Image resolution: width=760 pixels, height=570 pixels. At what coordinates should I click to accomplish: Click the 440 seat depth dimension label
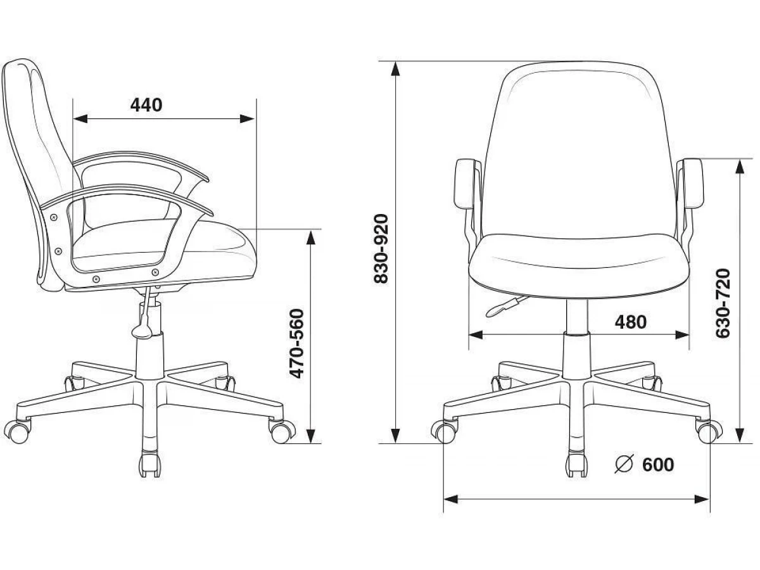[x=146, y=105]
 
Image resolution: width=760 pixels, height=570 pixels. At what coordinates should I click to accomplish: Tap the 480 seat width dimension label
[x=631, y=322]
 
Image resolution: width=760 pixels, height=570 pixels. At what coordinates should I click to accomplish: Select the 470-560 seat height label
[x=297, y=344]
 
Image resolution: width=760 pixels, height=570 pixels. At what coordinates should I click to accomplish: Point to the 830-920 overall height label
[x=381, y=248]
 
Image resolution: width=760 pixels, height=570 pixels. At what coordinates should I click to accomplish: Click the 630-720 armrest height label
[x=723, y=303]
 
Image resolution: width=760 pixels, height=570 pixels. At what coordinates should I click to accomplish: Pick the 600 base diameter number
[x=658, y=464]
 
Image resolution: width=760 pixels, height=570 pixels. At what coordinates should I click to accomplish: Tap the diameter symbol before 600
[x=624, y=463]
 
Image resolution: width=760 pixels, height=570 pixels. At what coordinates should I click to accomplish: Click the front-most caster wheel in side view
[x=150, y=464]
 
